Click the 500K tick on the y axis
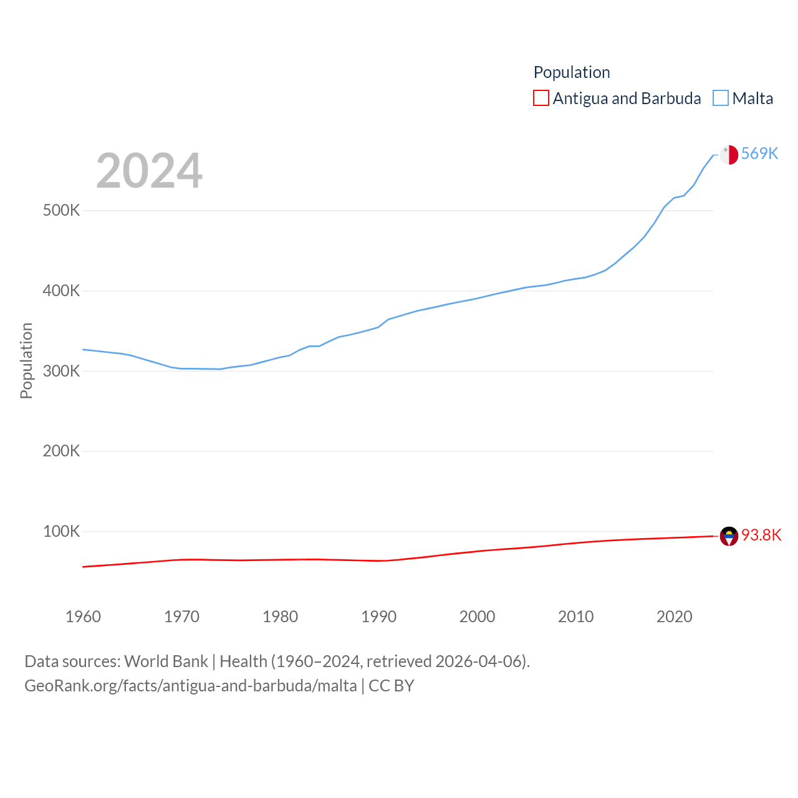point(61,211)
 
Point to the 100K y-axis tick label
point(61,532)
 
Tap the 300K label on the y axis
point(61,372)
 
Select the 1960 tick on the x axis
point(83,617)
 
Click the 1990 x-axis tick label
point(378,617)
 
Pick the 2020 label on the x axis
point(674,617)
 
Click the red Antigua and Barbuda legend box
point(541,99)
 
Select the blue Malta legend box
point(721,99)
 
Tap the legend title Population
point(572,72)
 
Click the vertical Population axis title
point(26,360)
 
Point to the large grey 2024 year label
point(149,171)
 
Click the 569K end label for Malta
point(759,153)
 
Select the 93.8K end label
point(761,535)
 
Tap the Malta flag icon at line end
point(729,155)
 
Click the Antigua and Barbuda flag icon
point(729,536)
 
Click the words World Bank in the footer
point(166,661)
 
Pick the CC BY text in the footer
point(392,686)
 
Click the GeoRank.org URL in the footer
point(191,686)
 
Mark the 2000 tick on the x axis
point(477,617)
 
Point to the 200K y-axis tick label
point(61,451)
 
